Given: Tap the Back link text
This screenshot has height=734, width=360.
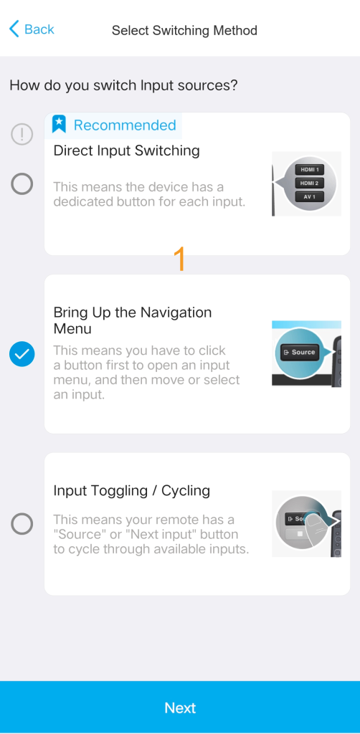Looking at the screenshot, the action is pyautogui.click(x=39, y=29).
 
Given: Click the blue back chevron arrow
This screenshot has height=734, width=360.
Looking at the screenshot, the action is pyautogui.click(x=14, y=29).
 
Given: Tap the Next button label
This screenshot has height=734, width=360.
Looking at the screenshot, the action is pyautogui.click(x=180, y=707).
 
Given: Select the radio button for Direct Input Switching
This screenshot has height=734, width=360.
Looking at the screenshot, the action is pyautogui.click(x=22, y=183).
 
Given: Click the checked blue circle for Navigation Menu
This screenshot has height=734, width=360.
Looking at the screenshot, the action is pyautogui.click(x=22, y=354).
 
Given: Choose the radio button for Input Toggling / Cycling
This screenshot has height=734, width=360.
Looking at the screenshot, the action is pyautogui.click(x=22, y=523).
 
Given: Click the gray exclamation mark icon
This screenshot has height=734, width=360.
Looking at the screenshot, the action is pyautogui.click(x=22, y=134).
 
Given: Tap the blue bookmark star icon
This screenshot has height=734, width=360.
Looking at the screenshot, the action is pyautogui.click(x=59, y=125).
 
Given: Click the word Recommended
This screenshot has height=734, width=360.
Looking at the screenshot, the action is pyautogui.click(x=125, y=125).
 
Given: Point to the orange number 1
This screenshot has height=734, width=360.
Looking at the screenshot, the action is pyautogui.click(x=180, y=259).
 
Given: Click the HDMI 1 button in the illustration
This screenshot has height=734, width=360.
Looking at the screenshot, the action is pyautogui.click(x=309, y=169).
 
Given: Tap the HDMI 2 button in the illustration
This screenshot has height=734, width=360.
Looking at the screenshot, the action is pyautogui.click(x=309, y=183).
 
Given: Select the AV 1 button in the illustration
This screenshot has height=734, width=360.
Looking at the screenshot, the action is pyautogui.click(x=309, y=197).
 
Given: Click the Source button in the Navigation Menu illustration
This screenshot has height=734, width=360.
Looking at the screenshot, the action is pyautogui.click(x=300, y=352).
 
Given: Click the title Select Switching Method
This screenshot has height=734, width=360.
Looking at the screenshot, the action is pyautogui.click(x=184, y=30).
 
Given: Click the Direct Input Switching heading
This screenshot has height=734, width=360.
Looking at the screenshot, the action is pyautogui.click(x=126, y=151).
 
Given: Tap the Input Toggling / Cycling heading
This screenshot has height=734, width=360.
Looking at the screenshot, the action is pyautogui.click(x=131, y=490).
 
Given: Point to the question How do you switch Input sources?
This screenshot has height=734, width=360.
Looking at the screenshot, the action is pyautogui.click(x=123, y=85).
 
